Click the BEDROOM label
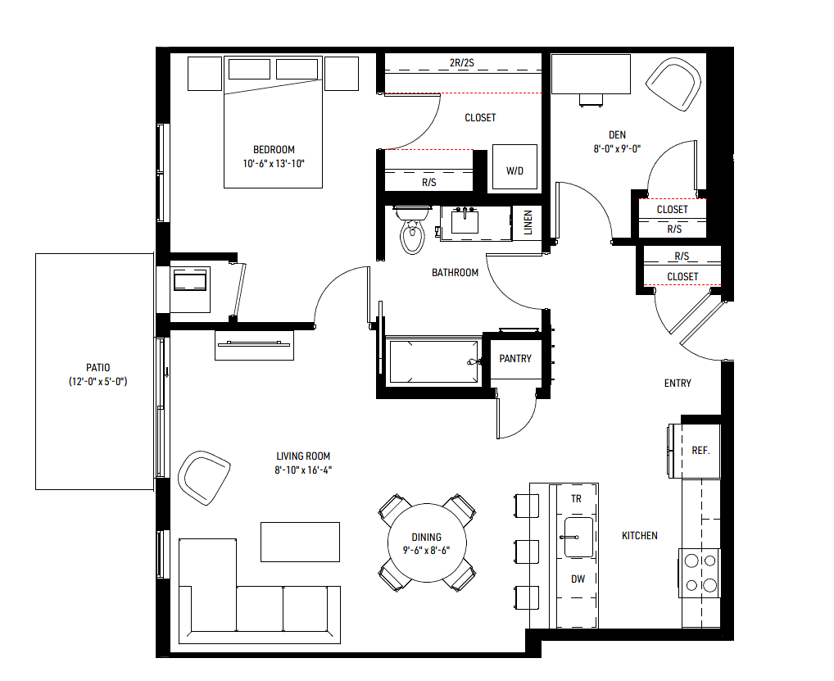point(274,149)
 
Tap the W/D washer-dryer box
point(514,166)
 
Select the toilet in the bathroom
point(412,229)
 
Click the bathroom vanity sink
point(465,221)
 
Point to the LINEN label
point(528,222)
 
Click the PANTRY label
point(514,359)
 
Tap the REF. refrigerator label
point(700,451)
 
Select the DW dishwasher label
point(578,579)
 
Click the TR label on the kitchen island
point(576,499)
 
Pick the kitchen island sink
point(578,538)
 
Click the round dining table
point(427,543)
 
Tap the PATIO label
point(97,368)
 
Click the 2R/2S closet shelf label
point(462,63)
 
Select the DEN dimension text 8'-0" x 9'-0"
point(617,149)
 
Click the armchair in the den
point(673,84)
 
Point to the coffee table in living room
point(300,542)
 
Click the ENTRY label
point(678,383)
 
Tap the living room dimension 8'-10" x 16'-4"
point(303,470)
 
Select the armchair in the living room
point(204,477)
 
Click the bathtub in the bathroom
point(433,361)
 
